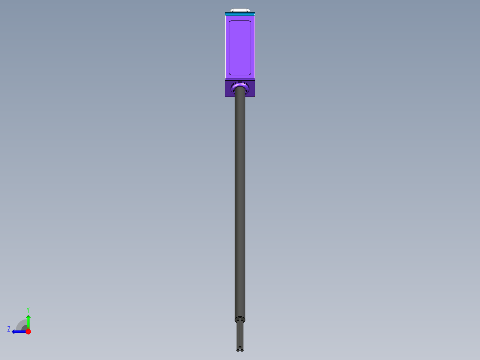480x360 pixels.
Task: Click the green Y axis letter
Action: (x=28, y=309)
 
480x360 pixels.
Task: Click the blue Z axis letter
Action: (x=9, y=329)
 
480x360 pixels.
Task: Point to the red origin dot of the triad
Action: (x=28, y=331)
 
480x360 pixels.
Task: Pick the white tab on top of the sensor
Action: (x=240, y=10)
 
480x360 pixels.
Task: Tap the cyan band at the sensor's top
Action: (x=240, y=15)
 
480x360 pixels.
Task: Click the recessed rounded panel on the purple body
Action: (x=240, y=47)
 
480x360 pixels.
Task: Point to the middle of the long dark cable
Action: (x=240, y=200)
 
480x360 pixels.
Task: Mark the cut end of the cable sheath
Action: (x=240, y=319)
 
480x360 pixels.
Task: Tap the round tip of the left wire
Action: (x=238, y=350)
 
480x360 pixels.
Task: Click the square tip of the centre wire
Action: (x=240, y=347)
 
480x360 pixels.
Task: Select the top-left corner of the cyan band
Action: (x=225, y=13)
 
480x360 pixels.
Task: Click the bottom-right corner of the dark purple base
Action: (x=255, y=96)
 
